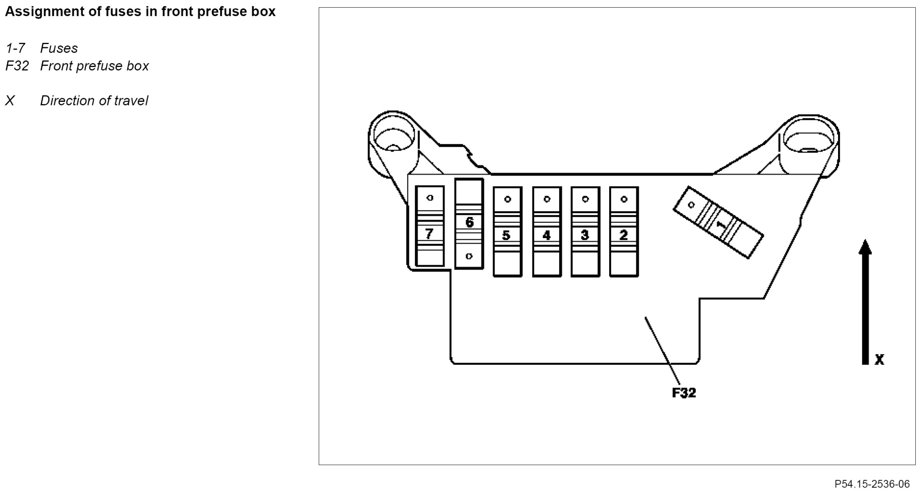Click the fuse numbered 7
[430, 226]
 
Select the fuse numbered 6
[469, 224]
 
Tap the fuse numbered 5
[507, 232]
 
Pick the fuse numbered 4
[547, 232]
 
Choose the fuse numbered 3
[585, 232]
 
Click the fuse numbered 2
[624, 232]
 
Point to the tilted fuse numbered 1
[718, 222]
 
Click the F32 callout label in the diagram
[684, 393]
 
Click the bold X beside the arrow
[879, 359]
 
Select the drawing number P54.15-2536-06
[872, 484]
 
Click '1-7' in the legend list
[15, 48]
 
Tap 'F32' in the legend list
[17, 66]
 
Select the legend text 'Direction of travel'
[94, 101]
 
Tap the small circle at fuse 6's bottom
[469, 256]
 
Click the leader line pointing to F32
[662, 351]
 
